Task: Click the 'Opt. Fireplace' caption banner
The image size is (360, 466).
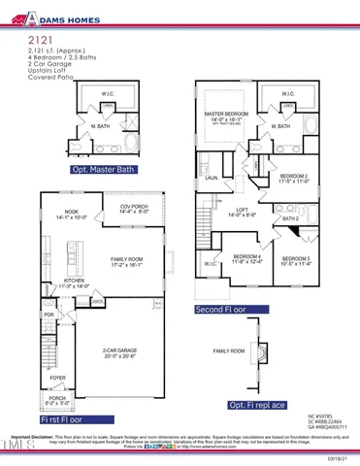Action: point(256,404)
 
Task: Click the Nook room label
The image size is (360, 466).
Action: point(70,214)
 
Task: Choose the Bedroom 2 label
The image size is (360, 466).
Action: point(293,178)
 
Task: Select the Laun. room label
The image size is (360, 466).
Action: point(210,179)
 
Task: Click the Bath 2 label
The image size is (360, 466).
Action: point(290,218)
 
